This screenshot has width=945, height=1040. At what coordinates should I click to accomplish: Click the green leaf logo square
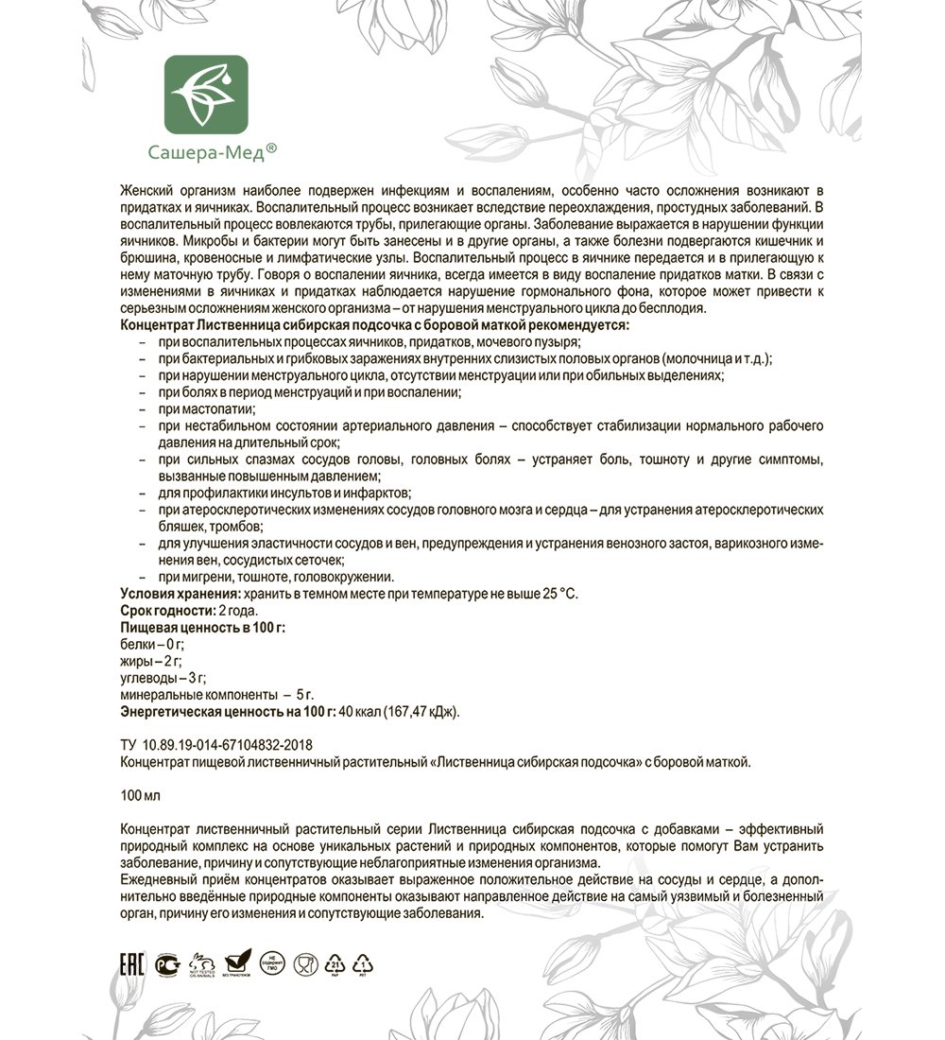206,95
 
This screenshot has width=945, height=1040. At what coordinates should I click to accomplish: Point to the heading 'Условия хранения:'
180,594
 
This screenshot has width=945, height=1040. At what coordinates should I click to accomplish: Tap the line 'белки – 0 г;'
152,644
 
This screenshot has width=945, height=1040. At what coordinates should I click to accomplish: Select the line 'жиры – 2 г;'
151,661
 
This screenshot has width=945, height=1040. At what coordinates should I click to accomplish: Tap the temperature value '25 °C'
555,594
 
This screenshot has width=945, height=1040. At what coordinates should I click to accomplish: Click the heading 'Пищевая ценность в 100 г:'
202,627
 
